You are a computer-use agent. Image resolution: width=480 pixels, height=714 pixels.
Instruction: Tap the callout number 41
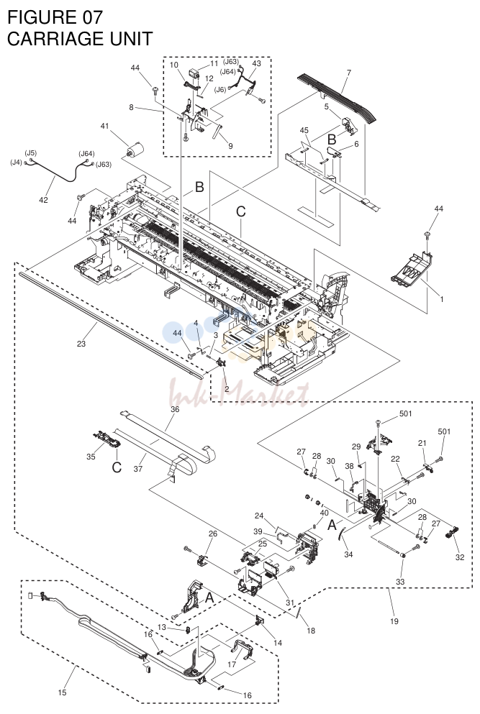click(x=105, y=126)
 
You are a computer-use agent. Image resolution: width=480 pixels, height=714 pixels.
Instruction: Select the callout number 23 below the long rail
click(x=81, y=344)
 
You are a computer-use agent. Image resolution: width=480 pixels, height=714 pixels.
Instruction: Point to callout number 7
click(x=349, y=73)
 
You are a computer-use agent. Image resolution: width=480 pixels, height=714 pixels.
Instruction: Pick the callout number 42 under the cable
click(x=43, y=199)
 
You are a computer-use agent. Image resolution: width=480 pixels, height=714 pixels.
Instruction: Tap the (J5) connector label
click(x=30, y=153)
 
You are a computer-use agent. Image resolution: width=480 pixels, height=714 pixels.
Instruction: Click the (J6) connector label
click(x=220, y=89)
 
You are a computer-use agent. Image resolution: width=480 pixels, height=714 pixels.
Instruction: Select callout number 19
click(x=394, y=621)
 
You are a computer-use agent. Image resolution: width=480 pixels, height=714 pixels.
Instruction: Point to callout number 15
click(x=62, y=692)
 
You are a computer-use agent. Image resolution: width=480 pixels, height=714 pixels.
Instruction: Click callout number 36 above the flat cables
click(x=175, y=409)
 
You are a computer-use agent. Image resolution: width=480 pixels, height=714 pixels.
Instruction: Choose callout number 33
click(x=400, y=582)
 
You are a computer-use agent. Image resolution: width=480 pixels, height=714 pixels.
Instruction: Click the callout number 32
click(x=459, y=557)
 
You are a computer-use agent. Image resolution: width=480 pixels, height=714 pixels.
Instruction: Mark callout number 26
click(x=213, y=534)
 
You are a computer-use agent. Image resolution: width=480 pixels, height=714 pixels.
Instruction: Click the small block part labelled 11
click(x=194, y=74)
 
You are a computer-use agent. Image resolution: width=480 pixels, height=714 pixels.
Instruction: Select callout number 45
click(x=304, y=131)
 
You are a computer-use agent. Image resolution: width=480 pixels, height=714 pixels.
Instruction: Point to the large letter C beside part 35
click(x=117, y=467)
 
